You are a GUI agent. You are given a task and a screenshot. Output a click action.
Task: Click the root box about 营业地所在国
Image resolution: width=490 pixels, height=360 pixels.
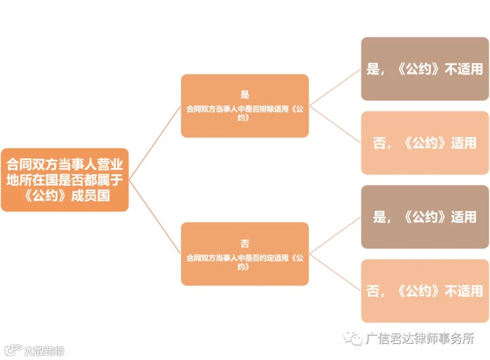(64, 180)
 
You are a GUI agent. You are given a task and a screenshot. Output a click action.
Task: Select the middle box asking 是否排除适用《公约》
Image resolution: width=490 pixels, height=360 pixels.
(244, 106)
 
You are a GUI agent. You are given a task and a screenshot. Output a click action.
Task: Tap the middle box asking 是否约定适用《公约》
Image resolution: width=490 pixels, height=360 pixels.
(244, 254)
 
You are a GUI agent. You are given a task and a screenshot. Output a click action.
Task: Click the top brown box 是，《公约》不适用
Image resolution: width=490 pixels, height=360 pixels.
(425, 69)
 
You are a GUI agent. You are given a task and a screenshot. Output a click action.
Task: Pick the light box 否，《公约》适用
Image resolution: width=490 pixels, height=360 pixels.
(425, 143)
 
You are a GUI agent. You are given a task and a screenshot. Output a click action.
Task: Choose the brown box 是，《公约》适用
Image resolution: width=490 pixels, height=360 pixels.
(425, 217)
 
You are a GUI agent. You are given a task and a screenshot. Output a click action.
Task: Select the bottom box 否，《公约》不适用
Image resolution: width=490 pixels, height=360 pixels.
(425, 291)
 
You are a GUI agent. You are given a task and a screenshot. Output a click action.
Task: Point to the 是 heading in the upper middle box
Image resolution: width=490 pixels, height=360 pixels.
(244, 95)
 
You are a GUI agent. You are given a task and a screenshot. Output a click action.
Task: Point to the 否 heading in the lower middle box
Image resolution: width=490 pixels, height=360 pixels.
(244, 243)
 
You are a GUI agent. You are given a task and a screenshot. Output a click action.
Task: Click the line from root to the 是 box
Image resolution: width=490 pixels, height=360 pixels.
(155, 143)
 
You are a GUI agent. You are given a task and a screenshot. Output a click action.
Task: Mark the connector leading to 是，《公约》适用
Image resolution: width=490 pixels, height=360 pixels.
(335, 235)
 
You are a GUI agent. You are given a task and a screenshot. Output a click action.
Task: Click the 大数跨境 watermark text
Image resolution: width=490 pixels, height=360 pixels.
(43, 351)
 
